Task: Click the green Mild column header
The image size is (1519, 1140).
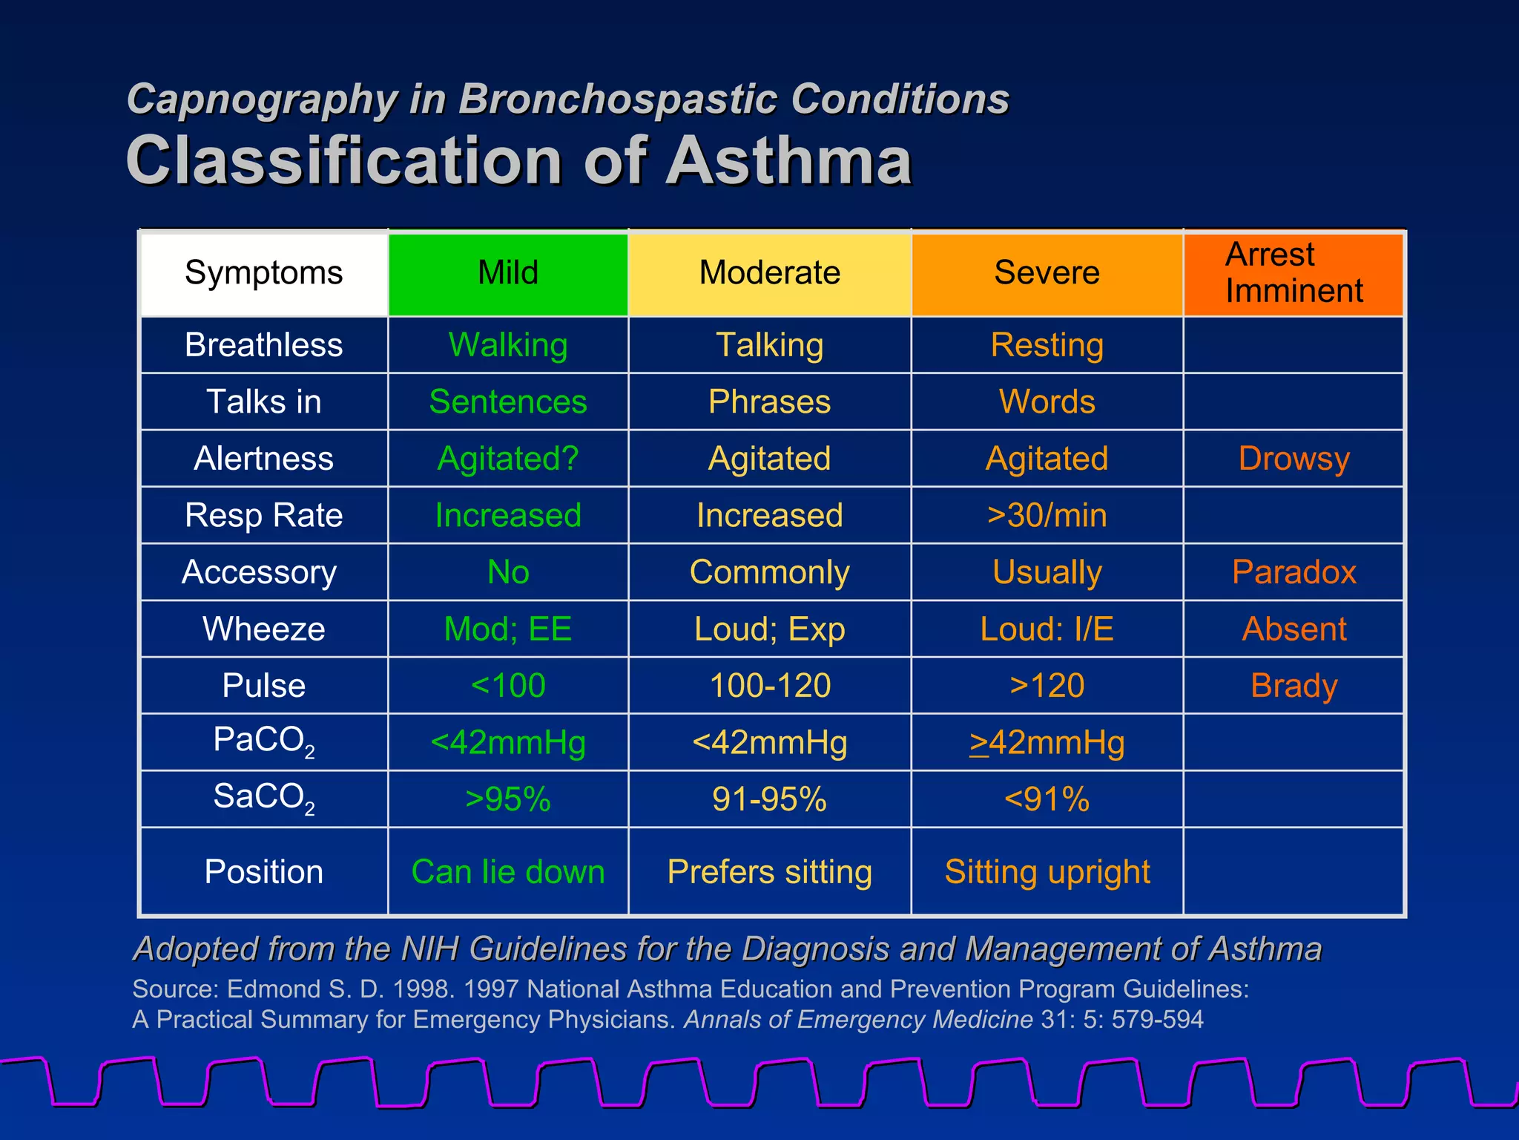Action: pos(508,273)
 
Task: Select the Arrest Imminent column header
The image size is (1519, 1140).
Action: pos(1294,273)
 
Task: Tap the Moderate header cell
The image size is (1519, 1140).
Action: pos(769,273)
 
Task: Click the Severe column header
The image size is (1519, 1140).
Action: pos(1047,273)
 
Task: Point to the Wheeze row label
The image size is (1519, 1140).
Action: pos(263,629)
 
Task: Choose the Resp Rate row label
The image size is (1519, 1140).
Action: pos(263,516)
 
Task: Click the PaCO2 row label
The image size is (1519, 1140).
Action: pos(263,741)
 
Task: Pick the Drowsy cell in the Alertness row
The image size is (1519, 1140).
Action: pos(1294,459)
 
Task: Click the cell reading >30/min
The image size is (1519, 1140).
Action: pos(1047,516)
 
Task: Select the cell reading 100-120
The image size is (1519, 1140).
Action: pos(769,686)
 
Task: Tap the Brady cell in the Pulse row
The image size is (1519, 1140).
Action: pos(1294,686)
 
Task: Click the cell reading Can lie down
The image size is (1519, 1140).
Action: pos(508,872)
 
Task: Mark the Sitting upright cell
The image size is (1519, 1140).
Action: pos(1047,872)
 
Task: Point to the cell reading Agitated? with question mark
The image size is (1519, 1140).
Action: pos(508,459)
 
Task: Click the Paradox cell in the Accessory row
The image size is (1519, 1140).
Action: pos(1294,572)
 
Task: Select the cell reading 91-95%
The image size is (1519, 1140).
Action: pos(769,800)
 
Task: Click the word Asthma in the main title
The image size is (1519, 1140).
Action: pos(788,161)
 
